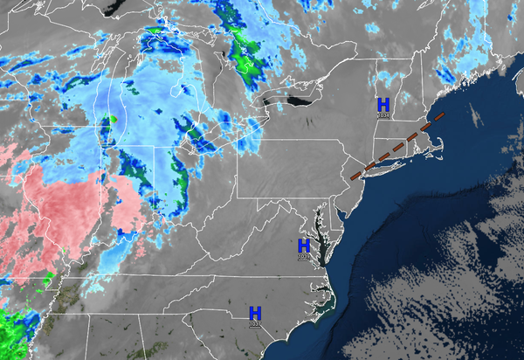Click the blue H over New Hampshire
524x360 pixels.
(383, 104)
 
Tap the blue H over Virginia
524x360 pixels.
(304, 246)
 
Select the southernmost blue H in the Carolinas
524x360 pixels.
(255, 313)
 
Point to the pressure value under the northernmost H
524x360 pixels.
(383, 115)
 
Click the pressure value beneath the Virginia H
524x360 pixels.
(304, 257)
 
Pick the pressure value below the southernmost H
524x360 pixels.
(255, 324)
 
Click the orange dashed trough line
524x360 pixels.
(397, 145)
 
